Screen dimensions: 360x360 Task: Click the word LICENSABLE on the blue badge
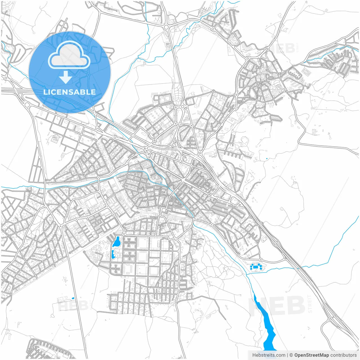(69, 92)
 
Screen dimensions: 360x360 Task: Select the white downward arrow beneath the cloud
(66, 78)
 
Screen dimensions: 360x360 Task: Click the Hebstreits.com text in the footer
(269, 355)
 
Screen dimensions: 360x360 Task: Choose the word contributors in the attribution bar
(343, 355)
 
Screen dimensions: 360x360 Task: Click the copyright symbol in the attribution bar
(291, 355)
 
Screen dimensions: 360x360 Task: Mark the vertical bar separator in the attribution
(287, 355)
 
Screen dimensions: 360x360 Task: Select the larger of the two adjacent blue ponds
(116, 242)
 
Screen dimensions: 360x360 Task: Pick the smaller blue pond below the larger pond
(113, 255)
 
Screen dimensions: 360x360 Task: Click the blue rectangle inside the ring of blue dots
(255, 267)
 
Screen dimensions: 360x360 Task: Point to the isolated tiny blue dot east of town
(267, 159)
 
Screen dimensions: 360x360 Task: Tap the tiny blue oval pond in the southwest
(73, 298)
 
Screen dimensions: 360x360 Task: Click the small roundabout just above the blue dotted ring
(260, 259)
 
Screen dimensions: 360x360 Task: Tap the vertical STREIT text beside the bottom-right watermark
(310, 304)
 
